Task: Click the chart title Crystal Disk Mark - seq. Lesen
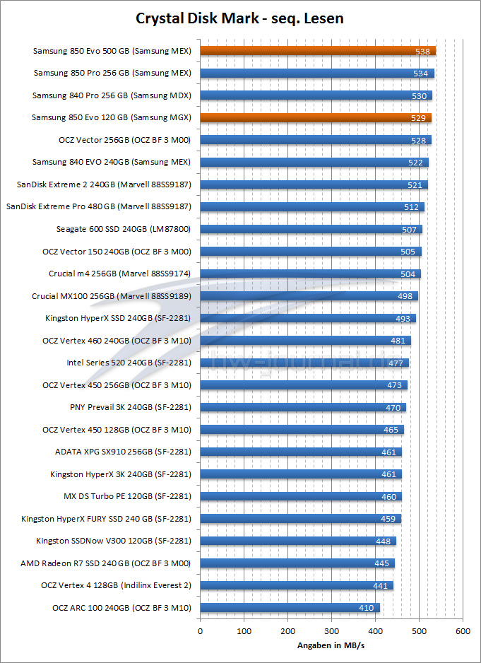[x=240, y=18]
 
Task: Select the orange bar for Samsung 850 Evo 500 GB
[x=318, y=51]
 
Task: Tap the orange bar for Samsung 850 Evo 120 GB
[x=316, y=117]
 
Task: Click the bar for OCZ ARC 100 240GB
[x=290, y=607]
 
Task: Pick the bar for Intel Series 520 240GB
[x=304, y=363]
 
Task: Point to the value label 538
[x=424, y=51]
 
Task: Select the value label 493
[x=403, y=318]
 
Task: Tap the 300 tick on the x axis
[x=331, y=630]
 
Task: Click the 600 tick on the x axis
[x=463, y=630]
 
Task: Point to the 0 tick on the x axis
[x=201, y=630]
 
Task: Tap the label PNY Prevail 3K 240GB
[x=131, y=407]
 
